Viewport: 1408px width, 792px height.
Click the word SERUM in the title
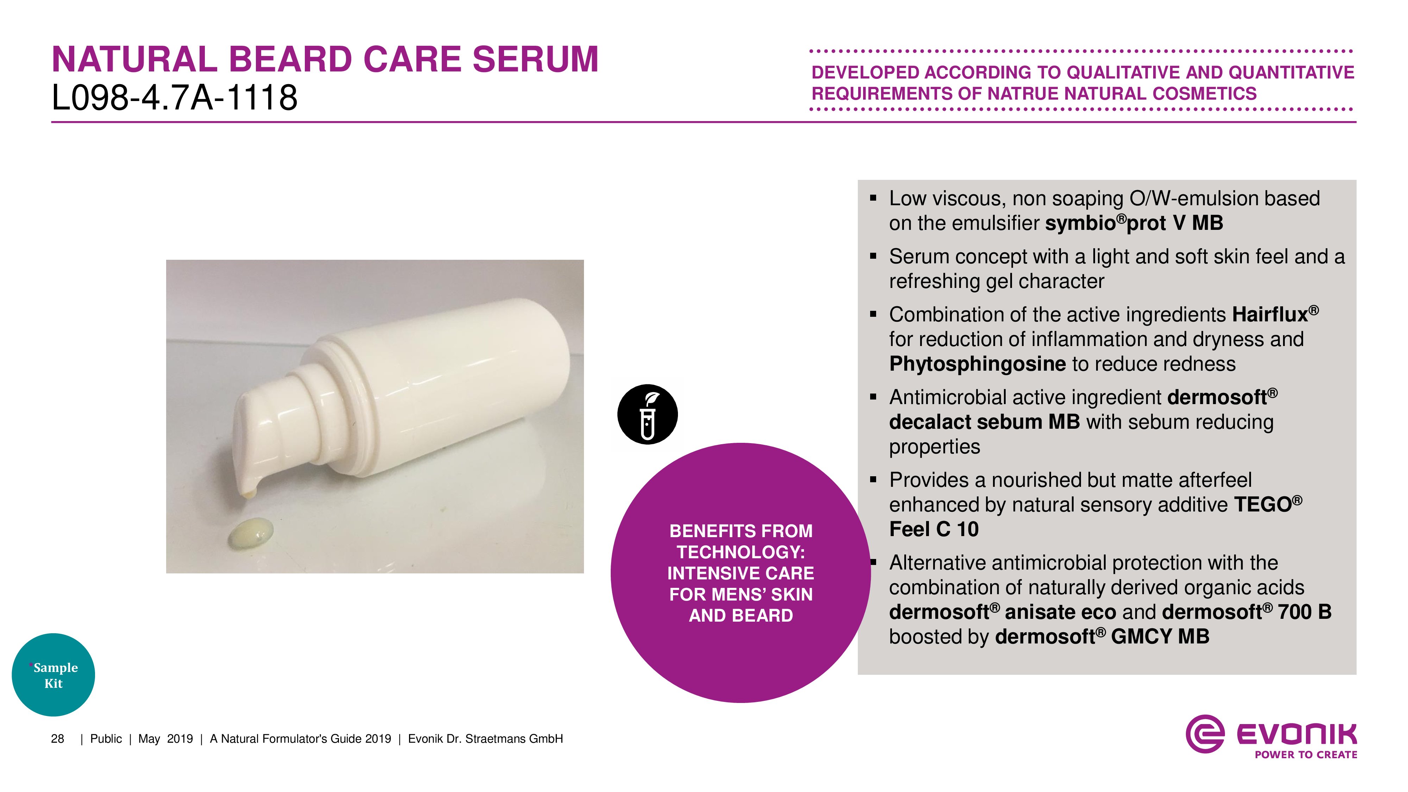coord(536,59)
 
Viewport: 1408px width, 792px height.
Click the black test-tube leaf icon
coord(647,414)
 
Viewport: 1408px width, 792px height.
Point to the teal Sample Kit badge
coord(53,675)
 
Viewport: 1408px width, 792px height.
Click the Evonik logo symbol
coord(1205,734)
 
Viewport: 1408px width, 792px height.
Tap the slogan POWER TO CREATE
coord(1306,755)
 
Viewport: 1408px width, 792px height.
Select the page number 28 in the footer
coord(57,739)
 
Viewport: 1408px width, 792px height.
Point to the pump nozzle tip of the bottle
coord(249,494)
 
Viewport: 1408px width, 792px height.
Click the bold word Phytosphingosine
coord(977,364)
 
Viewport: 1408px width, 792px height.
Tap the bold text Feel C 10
coord(934,529)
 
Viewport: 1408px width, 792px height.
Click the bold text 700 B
coord(1304,612)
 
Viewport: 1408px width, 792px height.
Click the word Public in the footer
coord(106,739)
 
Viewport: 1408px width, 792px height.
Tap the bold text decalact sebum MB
coord(985,422)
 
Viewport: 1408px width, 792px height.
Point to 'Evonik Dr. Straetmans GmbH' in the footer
coord(485,739)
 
